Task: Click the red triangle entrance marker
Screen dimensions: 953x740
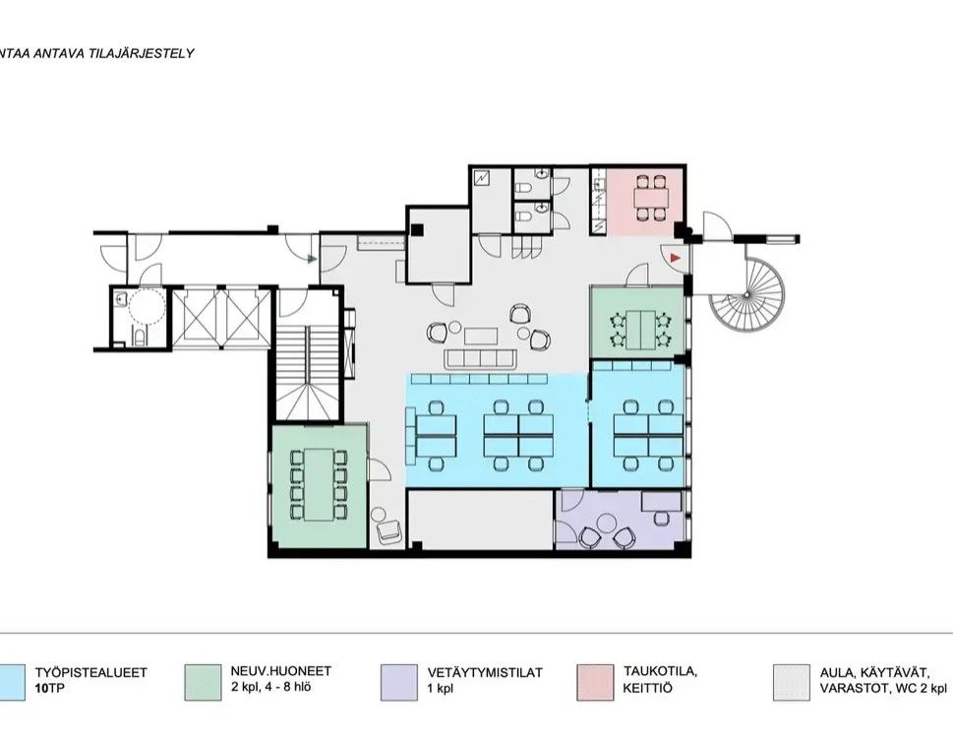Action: click(675, 259)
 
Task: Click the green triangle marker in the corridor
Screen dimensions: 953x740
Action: click(312, 260)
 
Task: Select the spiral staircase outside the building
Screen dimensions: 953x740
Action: click(747, 294)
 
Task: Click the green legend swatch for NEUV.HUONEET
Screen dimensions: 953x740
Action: click(203, 683)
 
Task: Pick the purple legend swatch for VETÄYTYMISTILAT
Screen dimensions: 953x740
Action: click(399, 683)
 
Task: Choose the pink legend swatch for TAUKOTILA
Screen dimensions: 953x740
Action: click(595, 683)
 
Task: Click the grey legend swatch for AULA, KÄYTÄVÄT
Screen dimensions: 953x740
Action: click(792, 683)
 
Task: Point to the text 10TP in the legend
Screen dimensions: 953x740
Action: click(49, 689)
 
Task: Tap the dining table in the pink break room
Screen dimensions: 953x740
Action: click(651, 198)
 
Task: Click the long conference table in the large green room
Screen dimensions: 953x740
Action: click(319, 484)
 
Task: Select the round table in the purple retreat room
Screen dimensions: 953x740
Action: click(607, 523)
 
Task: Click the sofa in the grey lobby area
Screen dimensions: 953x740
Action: click(481, 359)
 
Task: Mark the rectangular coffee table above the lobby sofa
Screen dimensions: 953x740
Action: click(481, 337)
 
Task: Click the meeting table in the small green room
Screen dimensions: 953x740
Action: click(640, 329)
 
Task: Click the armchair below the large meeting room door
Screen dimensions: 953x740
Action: click(389, 533)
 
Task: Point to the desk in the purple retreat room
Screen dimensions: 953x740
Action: click(662, 502)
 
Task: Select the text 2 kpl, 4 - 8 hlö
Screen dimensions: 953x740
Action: click(271, 688)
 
